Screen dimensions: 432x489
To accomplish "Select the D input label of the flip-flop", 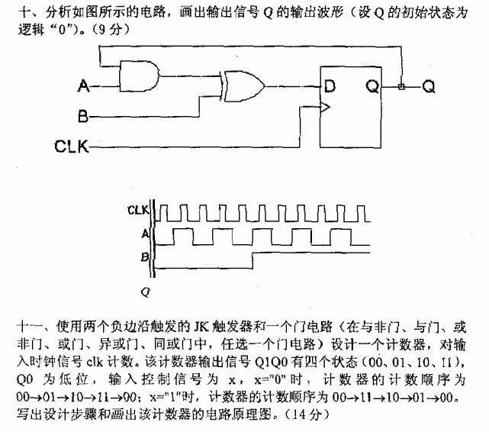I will point(330,86).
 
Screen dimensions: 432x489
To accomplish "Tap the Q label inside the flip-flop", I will point(372,86).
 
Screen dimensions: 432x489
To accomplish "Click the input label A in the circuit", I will point(85,87).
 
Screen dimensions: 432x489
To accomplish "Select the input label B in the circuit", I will point(85,116).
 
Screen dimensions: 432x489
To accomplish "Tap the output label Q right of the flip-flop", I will point(429,87).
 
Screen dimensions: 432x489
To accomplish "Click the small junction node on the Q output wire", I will point(402,87).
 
